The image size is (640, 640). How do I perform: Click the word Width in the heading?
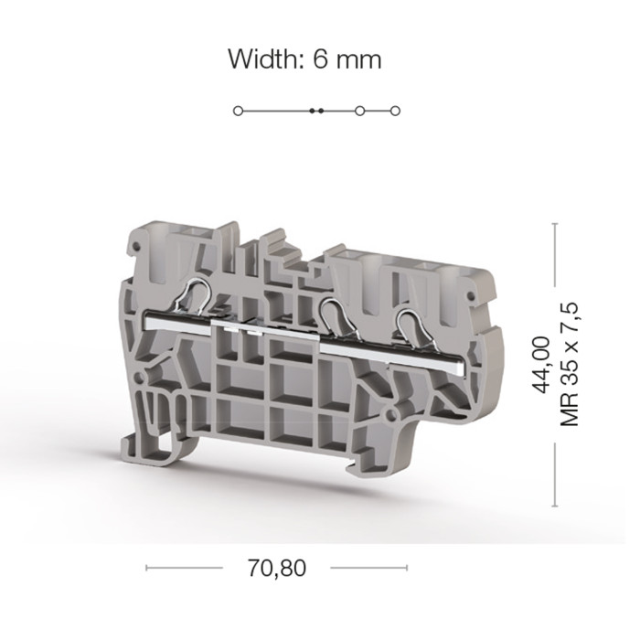[x=264, y=59]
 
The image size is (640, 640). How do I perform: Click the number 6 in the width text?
[x=320, y=59]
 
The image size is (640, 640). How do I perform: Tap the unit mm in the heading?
[x=359, y=61]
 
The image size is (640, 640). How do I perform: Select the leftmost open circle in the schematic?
[x=238, y=111]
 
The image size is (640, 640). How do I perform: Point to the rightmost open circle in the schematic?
[x=395, y=111]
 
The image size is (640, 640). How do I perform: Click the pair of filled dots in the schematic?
[x=316, y=111]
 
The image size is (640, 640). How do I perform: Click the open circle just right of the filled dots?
[x=359, y=111]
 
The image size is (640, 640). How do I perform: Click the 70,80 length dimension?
[x=277, y=568]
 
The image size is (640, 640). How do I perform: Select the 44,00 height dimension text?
[x=541, y=365]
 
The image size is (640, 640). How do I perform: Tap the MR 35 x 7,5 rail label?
[x=570, y=365]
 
